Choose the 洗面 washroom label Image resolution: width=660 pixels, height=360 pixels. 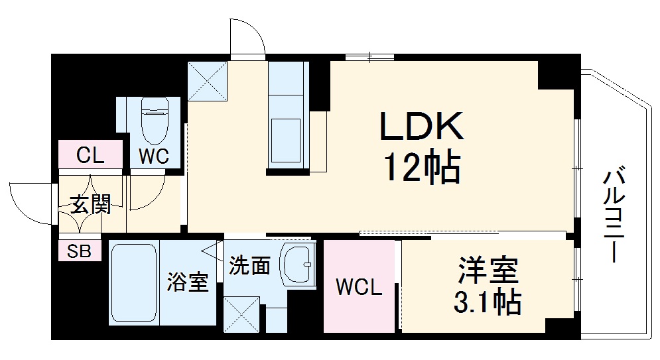coord(249,266)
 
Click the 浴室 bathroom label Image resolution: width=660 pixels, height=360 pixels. coord(187,282)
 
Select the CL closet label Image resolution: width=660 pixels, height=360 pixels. coord(90,156)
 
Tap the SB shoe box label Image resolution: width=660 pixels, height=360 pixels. coord(79,251)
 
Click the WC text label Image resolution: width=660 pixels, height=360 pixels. coord(154,156)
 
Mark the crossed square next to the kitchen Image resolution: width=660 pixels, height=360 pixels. coord(207,81)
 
